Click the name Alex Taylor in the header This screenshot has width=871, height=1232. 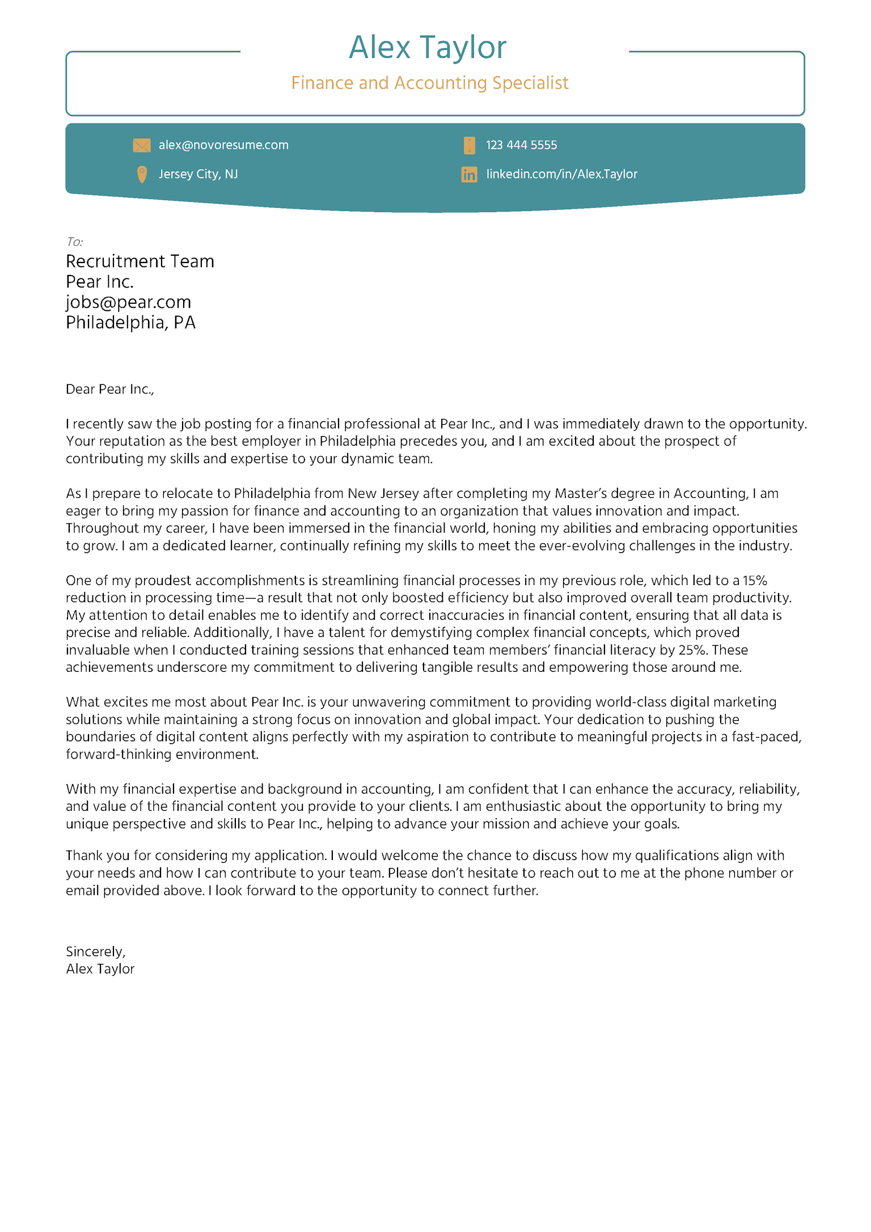pos(427,48)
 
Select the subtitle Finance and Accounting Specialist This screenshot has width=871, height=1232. pos(429,83)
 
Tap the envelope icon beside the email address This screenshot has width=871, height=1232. pos(142,146)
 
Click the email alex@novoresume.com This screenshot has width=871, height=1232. pos(223,145)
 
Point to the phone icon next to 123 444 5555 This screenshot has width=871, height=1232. pos(469,146)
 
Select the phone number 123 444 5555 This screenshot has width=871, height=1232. pos(521,145)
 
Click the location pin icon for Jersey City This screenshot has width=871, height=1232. pos(142,174)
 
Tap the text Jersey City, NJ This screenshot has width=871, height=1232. pos(198,174)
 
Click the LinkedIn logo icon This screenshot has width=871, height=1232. pos(469,175)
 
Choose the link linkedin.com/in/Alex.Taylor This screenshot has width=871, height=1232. pos(561,174)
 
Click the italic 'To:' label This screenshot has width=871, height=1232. pos(74,242)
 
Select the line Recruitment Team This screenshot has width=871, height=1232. pos(140,261)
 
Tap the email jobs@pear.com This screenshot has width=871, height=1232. pos(128,302)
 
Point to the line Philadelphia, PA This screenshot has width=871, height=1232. pos(130,323)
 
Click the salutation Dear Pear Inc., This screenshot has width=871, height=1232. pos(109,389)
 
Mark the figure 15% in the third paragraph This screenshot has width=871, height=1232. pos(755,581)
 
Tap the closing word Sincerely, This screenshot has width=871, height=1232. pos(95,951)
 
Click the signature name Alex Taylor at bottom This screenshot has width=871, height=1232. pos(100,969)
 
